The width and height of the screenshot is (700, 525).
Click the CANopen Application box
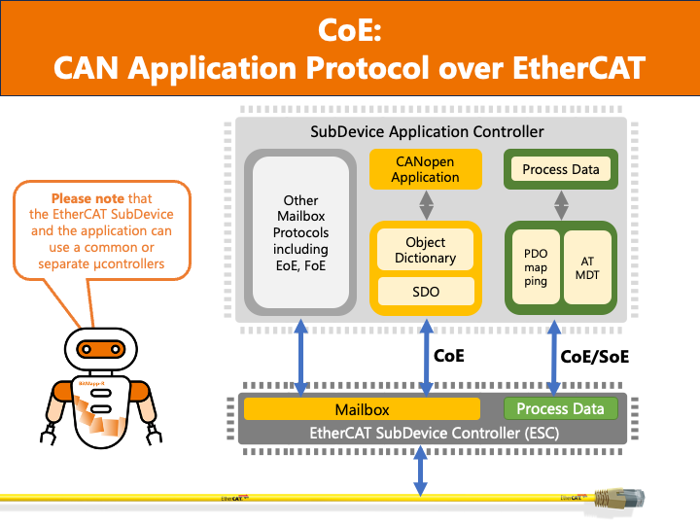[425, 169]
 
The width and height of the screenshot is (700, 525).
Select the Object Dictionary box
[425, 250]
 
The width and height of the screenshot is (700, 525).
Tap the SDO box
[425, 290]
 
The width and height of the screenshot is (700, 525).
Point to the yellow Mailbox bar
[362, 409]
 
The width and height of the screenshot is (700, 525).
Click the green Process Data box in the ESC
[560, 409]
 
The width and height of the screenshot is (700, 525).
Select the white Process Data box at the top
[560, 169]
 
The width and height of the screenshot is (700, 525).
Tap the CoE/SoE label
[595, 357]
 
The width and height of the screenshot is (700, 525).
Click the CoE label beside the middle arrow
[449, 356]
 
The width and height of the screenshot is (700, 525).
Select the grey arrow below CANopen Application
[425, 204]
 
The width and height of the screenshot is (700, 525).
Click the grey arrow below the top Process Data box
[561, 204]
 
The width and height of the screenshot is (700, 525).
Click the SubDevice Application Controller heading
[426, 131]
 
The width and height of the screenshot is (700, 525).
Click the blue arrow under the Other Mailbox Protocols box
[301, 356]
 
